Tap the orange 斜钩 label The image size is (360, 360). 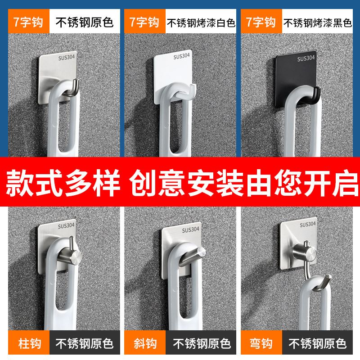click(145, 344)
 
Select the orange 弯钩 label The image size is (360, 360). click(261, 344)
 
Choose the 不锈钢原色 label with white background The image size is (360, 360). click(84, 22)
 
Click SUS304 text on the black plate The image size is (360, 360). click(306, 58)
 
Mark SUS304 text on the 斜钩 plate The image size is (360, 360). click(190, 230)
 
